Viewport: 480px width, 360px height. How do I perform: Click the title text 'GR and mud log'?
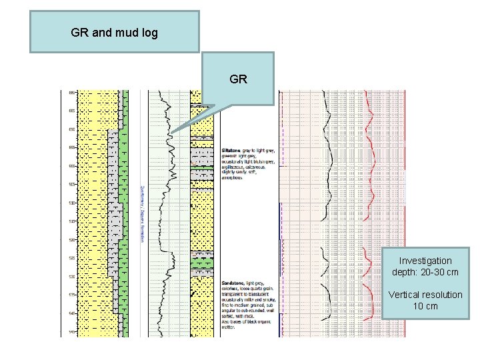pos(114,32)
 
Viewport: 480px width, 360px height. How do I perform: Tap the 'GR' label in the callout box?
pos(238,79)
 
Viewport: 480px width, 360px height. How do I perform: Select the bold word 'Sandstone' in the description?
pos(234,283)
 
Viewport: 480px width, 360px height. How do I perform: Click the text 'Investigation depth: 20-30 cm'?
pos(425,266)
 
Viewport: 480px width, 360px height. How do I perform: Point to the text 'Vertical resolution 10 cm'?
pos(425,300)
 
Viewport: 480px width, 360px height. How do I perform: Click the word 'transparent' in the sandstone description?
pos(236,295)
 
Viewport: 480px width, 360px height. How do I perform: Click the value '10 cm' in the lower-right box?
pos(425,306)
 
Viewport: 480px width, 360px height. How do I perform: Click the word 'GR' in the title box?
pos(79,32)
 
